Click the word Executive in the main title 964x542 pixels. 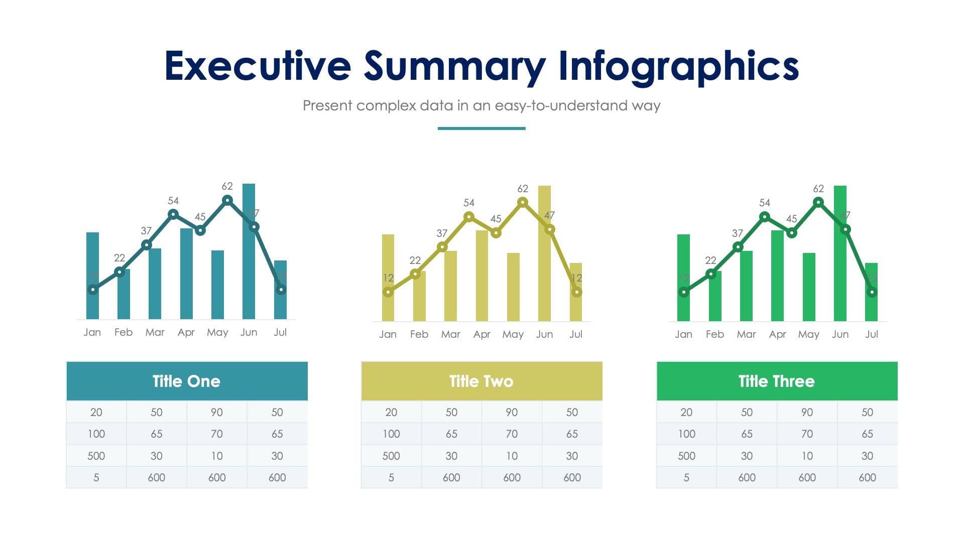[x=258, y=66]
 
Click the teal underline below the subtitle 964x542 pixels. [x=481, y=128]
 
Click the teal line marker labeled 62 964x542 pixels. [x=227, y=200]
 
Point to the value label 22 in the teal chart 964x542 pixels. [x=119, y=258]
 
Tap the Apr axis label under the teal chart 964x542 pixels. [x=186, y=332]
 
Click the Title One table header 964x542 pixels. [x=187, y=381]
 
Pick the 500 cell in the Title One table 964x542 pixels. [x=96, y=456]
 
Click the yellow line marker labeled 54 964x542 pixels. [x=468, y=217]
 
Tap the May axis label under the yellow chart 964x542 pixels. [x=513, y=334]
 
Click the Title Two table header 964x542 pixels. [x=481, y=381]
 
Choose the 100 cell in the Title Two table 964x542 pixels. [x=391, y=434]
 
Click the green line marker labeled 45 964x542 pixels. [x=791, y=233]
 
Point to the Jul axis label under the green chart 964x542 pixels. [x=871, y=334]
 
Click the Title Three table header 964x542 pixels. [x=777, y=381]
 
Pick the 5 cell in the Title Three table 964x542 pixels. [x=686, y=477]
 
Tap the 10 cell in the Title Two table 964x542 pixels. [x=512, y=456]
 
